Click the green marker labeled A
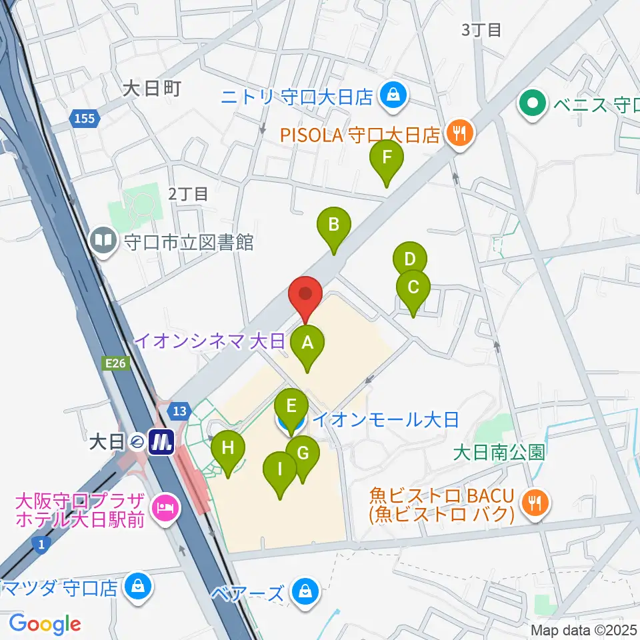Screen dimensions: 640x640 [x=307, y=344]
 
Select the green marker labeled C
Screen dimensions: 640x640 [x=413, y=289]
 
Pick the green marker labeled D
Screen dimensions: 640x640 [x=410, y=259]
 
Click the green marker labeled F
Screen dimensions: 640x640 [x=387, y=159]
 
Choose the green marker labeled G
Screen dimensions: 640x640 [x=303, y=455]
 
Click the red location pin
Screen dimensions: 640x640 [x=305, y=294]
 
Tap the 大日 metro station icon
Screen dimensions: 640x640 [x=162, y=441]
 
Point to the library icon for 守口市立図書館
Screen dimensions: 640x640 [x=104, y=241]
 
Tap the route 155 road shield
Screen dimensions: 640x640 [x=85, y=119]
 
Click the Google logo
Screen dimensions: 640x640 [x=44, y=623]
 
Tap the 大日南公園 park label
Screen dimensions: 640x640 [x=499, y=453]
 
